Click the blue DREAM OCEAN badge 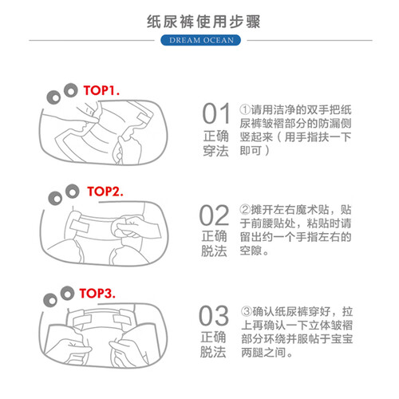tap(200, 40)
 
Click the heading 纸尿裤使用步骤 tap(203, 22)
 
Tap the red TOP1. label tap(101, 90)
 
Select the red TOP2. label tap(105, 192)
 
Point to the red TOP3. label tap(97, 293)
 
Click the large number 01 tap(216, 114)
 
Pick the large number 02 tap(214, 215)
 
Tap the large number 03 tap(214, 316)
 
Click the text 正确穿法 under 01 tap(215, 144)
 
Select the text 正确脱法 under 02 tap(214, 243)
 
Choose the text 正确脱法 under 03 tap(213, 345)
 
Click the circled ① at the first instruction tap(244, 109)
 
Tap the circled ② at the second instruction tap(245, 209)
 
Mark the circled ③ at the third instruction tap(247, 311)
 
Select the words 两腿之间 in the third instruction tap(263, 353)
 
